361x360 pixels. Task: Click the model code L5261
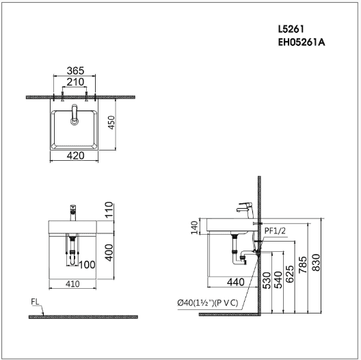tap(291, 29)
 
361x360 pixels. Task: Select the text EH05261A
tap(302, 42)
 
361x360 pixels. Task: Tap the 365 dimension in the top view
tap(75, 70)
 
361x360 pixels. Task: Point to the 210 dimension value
tap(75, 82)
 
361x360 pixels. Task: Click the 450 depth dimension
tap(111, 123)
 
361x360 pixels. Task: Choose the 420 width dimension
tap(75, 156)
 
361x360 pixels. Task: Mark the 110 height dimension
tap(109, 209)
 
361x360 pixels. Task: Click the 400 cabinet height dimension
tap(109, 253)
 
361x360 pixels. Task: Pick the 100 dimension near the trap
tap(87, 265)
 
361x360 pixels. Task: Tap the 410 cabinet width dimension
tap(72, 284)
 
